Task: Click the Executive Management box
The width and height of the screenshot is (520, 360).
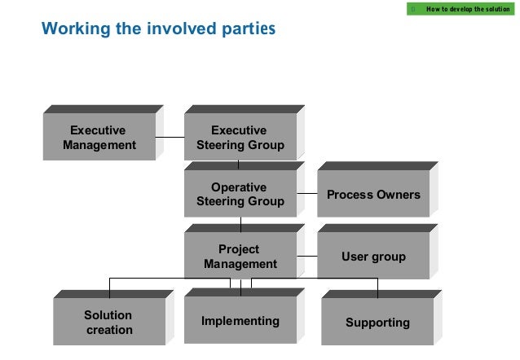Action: [x=99, y=138]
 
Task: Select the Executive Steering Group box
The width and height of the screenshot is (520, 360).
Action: [x=240, y=138]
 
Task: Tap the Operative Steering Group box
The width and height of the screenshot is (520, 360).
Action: [x=240, y=195]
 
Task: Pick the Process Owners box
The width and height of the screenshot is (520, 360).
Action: [x=373, y=195]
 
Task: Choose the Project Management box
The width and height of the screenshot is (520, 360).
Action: [x=240, y=257]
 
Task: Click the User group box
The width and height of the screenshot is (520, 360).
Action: [x=373, y=257]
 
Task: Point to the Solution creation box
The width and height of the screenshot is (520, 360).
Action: [x=108, y=322]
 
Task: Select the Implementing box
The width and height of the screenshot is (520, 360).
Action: [x=240, y=321]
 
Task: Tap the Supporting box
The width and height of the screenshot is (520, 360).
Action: [x=377, y=322]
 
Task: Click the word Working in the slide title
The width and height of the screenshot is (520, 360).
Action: [x=72, y=29]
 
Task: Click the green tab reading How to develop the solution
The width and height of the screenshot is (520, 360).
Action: [x=461, y=8]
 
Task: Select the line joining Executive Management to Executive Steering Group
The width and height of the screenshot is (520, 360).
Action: [x=170, y=138]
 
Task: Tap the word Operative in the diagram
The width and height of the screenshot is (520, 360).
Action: [x=239, y=187]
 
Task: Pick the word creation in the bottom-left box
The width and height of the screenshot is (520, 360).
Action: [x=108, y=329]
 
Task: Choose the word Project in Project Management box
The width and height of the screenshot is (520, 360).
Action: [x=239, y=249]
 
